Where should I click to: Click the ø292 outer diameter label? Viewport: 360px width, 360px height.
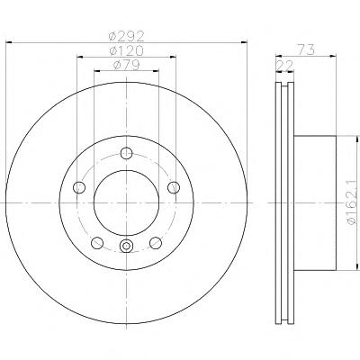127,36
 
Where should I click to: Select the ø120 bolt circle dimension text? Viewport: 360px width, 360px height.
127,50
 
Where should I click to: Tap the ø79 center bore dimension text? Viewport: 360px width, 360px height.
126,65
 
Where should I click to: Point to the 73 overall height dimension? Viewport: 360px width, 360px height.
306,49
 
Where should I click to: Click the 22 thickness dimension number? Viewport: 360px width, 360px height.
284,66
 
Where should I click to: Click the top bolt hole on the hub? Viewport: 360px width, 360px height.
126,153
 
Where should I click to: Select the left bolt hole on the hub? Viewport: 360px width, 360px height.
79,187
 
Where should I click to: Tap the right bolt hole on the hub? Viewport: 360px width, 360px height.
174,187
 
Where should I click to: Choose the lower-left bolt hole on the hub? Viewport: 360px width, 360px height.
97,242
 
